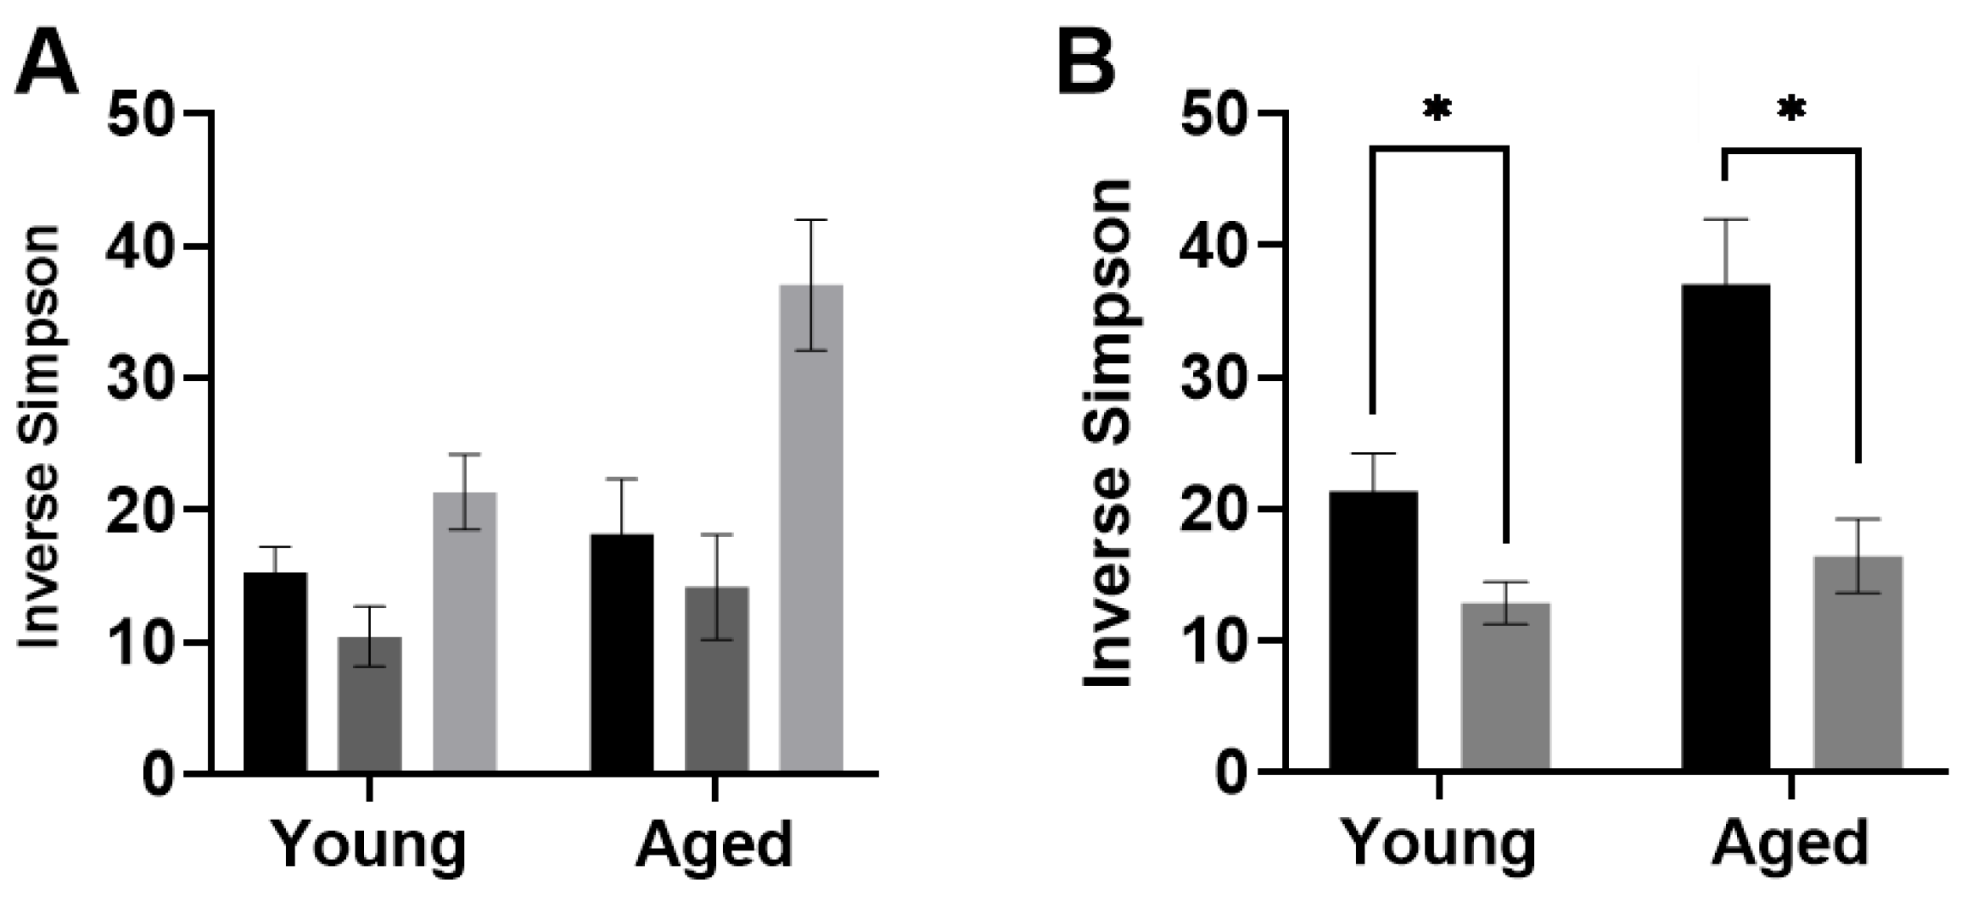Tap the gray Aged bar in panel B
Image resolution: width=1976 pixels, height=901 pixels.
click(x=1858, y=664)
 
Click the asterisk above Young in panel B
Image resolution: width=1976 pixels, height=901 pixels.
click(x=1438, y=112)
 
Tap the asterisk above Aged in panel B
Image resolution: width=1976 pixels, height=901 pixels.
click(x=1791, y=112)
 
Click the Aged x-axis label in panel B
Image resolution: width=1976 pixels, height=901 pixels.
click(x=1790, y=844)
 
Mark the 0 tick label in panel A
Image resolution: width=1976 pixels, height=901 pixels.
click(x=158, y=775)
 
